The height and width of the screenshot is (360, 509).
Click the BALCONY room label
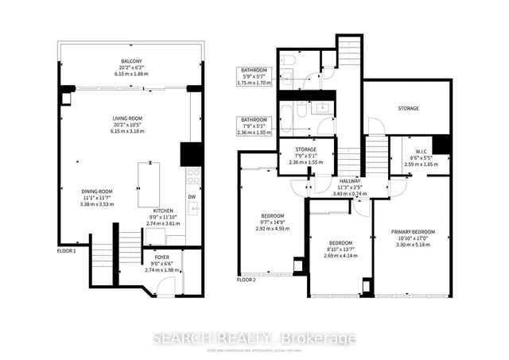coord(132,62)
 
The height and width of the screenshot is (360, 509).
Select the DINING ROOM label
coord(98,191)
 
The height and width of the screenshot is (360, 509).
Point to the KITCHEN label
coord(163,211)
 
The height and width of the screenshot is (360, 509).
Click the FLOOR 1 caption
coord(67,251)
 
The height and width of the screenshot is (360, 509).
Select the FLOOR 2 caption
coord(247,280)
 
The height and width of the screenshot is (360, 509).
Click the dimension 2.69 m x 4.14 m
coord(340,255)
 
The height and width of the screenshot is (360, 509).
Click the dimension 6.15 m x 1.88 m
coord(132,75)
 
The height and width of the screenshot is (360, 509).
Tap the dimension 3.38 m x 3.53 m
coord(98,204)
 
